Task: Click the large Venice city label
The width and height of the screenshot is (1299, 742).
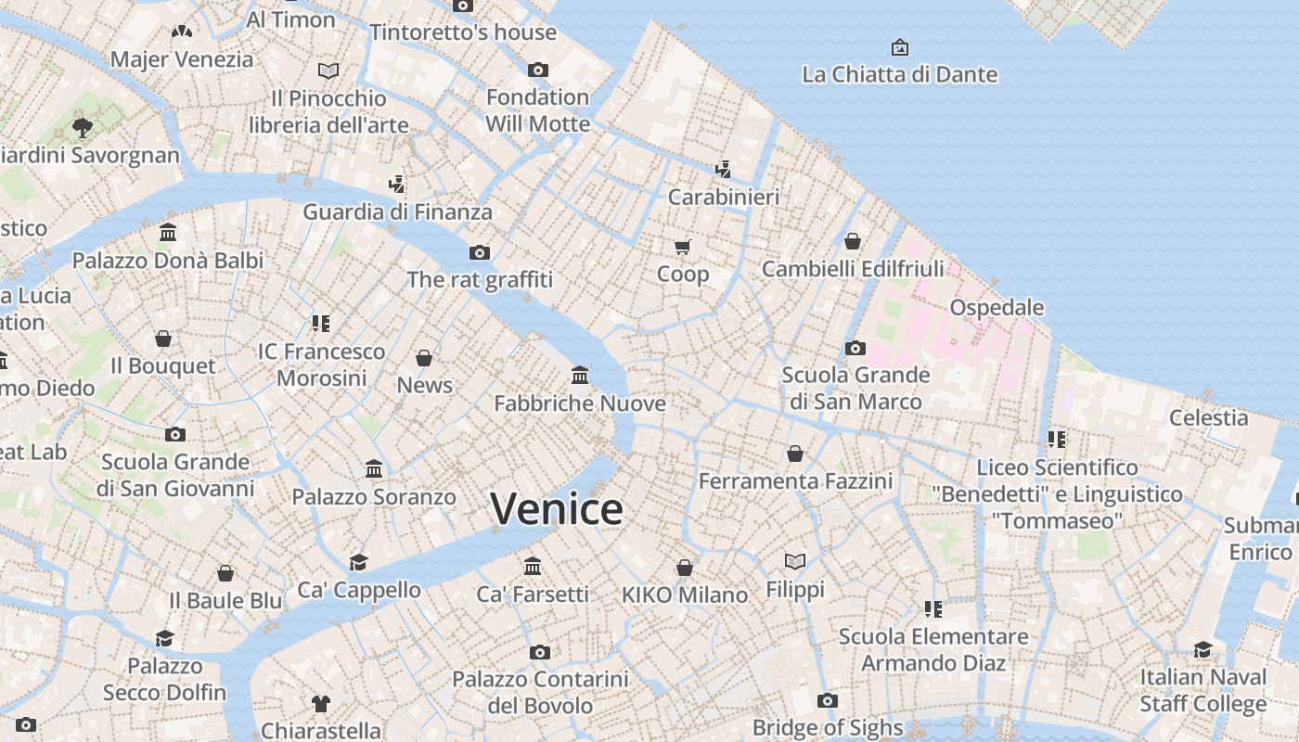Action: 557,509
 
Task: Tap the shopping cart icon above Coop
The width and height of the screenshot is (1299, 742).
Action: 683,247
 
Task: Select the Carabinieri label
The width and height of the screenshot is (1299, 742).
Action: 724,197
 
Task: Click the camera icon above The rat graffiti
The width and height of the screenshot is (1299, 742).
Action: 480,252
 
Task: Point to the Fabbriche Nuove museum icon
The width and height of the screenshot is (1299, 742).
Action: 580,376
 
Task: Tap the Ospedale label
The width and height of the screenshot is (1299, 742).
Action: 997,307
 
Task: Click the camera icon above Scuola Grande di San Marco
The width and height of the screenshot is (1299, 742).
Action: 855,349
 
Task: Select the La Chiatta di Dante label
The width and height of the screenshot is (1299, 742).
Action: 899,74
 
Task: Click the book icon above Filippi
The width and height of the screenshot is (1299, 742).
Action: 795,561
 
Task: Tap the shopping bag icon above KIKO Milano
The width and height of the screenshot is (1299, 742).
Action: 685,568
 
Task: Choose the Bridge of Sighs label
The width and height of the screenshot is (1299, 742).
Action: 828,727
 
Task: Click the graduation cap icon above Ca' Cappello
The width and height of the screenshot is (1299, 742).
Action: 358,562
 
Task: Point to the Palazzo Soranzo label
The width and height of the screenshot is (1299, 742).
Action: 374,497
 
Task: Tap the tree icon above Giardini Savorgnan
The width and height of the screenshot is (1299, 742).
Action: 83,127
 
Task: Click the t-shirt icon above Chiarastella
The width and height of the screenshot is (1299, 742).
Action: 320,703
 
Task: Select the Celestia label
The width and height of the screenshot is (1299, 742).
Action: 1208,417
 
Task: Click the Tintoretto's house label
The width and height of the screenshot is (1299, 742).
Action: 463,32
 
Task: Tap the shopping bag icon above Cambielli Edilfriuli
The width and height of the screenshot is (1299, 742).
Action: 853,241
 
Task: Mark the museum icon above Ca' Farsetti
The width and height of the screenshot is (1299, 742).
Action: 533,566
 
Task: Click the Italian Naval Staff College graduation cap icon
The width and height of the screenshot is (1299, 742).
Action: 1203,649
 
